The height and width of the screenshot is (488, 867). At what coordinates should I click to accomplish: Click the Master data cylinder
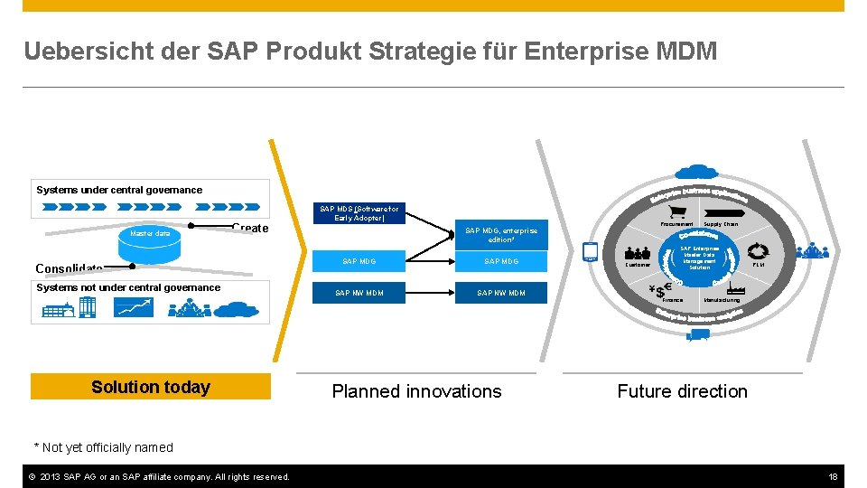click(150, 234)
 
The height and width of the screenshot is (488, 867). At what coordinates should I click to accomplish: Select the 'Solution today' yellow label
click(151, 387)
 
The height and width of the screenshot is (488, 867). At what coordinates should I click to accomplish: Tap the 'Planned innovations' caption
click(416, 391)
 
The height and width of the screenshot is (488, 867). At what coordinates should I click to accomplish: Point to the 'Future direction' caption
click(682, 391)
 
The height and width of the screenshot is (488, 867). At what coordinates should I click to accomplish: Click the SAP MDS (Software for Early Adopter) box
click(359, 213)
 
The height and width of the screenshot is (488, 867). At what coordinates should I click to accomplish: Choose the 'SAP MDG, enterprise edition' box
click(500, 235)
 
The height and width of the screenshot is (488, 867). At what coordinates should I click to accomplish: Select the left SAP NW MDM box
click(359, 293)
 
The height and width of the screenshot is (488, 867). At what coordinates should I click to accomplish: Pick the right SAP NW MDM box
click(501, 293)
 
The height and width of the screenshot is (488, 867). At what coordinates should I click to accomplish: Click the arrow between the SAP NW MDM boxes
click(430, 293)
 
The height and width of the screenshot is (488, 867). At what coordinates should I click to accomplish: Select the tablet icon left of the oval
click(591, 252)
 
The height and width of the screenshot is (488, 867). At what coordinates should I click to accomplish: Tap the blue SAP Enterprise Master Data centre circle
click(699, 258)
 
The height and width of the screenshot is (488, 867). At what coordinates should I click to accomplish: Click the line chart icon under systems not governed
click(134, 306)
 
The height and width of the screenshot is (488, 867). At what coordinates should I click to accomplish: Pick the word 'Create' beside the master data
click(250, 229)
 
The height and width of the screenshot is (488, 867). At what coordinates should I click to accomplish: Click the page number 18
click(834, 476)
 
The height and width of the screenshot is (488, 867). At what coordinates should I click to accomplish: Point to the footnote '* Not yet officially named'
click(103, 447)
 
